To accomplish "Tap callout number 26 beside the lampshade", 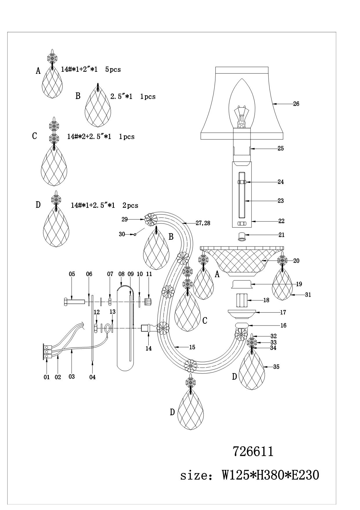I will click(x=296, y=104).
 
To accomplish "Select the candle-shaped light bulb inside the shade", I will click(x=242, y=102).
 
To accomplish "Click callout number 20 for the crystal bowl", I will click(x=296, y=261).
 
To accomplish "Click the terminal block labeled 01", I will click(x=47, y=352).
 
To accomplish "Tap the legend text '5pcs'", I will click(x=113, y=69).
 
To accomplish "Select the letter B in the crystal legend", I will click(x=78, y=96).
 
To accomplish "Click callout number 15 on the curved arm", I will click(x=192, y=347).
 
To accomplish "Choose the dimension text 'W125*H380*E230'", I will click(x=271, y=475).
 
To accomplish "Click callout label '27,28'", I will click(x=203, y=223).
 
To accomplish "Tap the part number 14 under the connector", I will click(x=149, y=348).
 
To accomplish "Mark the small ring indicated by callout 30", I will click(x=135, y=235).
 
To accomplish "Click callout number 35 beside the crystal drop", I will click(x=276, y=367).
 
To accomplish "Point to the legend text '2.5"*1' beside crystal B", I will click(x=121, y=96).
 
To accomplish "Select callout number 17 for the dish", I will click(x=283, y=312).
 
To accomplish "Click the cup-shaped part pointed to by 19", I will click(x=242, y=284).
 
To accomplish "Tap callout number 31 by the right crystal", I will click(x=308, y=295).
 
